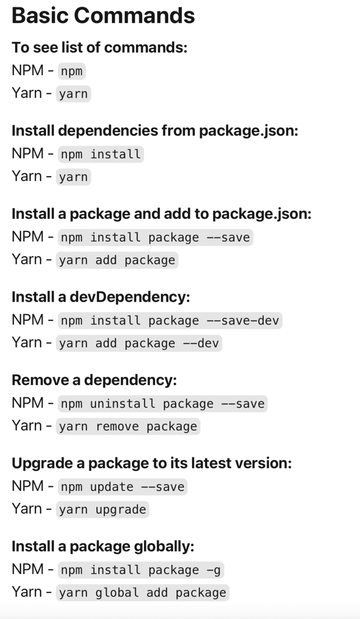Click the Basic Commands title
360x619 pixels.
pos(103,16)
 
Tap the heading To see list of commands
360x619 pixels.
pos(100,47)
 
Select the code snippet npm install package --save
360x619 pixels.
pos(155,238)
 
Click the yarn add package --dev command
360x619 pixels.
pos(139,343)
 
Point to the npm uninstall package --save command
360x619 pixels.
pos(162,404)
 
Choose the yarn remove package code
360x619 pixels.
pos(128,426)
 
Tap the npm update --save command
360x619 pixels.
pos(122,487)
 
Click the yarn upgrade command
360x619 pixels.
pos(102,509)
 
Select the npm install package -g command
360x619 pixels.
pos(141,570)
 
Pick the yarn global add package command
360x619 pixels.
pos(143,592)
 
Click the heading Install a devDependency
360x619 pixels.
pos(100,297)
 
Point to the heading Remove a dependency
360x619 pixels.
pos(94,380)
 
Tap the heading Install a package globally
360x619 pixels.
pos(103,546)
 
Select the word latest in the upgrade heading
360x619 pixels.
pos(210,463)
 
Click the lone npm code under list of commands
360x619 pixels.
pos(72,71)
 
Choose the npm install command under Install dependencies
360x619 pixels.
pos(101,154)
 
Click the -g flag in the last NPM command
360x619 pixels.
pos(213,570)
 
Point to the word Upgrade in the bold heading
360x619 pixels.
pos(42,463)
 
